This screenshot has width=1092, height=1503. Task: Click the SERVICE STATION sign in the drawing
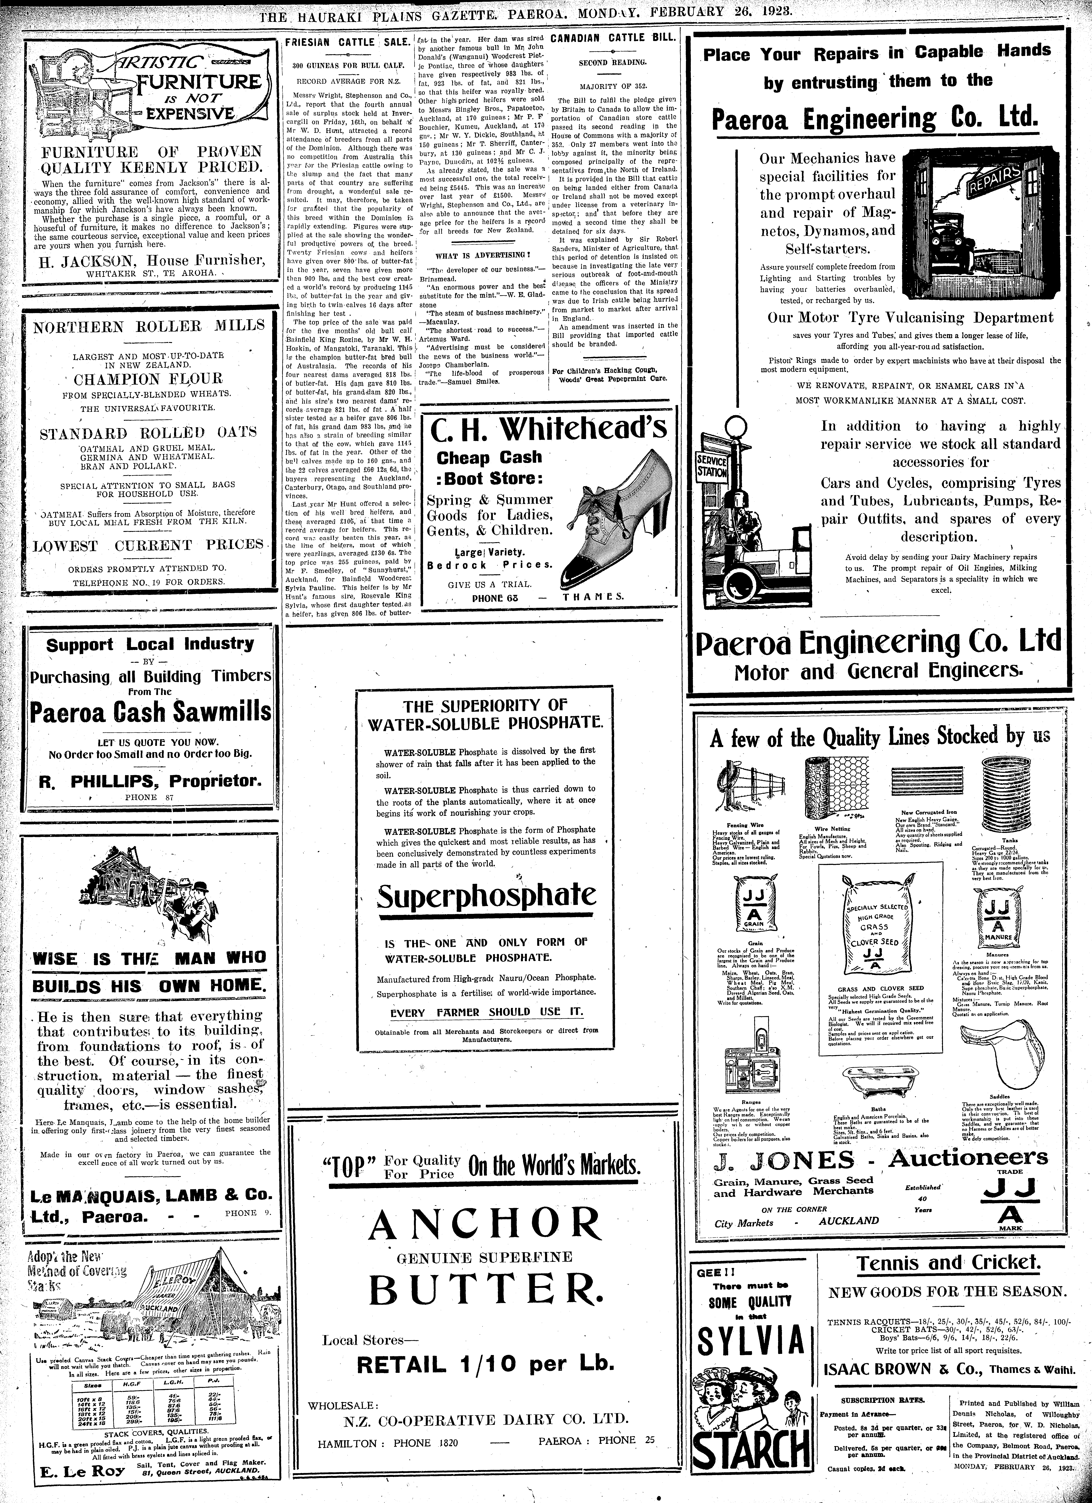click(x=710, y=467)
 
